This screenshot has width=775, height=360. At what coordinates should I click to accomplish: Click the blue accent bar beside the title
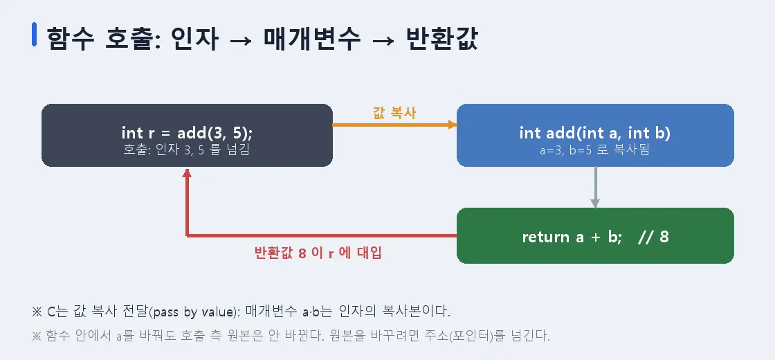pos(34,35)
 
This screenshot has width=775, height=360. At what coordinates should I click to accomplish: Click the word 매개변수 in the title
pos(312,39)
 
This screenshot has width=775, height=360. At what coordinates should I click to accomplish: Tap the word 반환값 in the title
pos(441,39)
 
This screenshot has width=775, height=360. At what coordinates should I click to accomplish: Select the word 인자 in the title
pos(194,39)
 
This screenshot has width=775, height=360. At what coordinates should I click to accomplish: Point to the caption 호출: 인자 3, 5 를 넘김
pos(186,149)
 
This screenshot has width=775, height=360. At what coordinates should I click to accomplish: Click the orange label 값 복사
pos(394,113)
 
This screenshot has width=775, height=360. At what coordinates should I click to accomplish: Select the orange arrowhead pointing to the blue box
pos(453,125)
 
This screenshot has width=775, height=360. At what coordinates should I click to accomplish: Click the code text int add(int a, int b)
pos(594,133)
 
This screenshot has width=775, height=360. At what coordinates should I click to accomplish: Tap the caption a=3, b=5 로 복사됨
pos(594,150)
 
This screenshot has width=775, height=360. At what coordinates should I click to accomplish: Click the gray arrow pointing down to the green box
pos(595,187)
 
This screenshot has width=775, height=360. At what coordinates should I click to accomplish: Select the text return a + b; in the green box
pos(572,237)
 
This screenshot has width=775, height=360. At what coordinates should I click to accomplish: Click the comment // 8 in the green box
pos(653,237)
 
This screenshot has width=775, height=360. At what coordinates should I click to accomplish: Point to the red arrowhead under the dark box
pos(187,173)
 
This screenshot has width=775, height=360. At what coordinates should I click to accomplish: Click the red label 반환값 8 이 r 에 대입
pos(318,253)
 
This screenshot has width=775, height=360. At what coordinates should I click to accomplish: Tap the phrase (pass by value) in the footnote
pos(194,312)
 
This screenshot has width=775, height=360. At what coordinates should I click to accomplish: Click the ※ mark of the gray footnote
pos(37,336)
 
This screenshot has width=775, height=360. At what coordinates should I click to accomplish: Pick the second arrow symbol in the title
pos(383,39)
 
